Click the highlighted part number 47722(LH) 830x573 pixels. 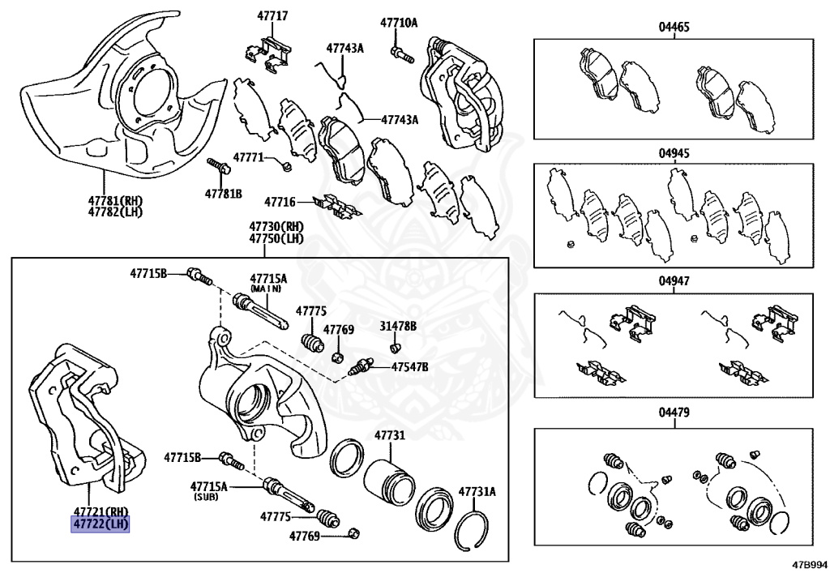101,524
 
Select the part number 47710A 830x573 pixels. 400,23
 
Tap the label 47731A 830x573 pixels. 477,491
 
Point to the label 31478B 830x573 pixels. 398,326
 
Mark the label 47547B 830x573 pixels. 409,367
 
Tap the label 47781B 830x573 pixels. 223,194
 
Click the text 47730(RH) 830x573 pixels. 276,227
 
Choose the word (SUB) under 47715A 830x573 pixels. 209,497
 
